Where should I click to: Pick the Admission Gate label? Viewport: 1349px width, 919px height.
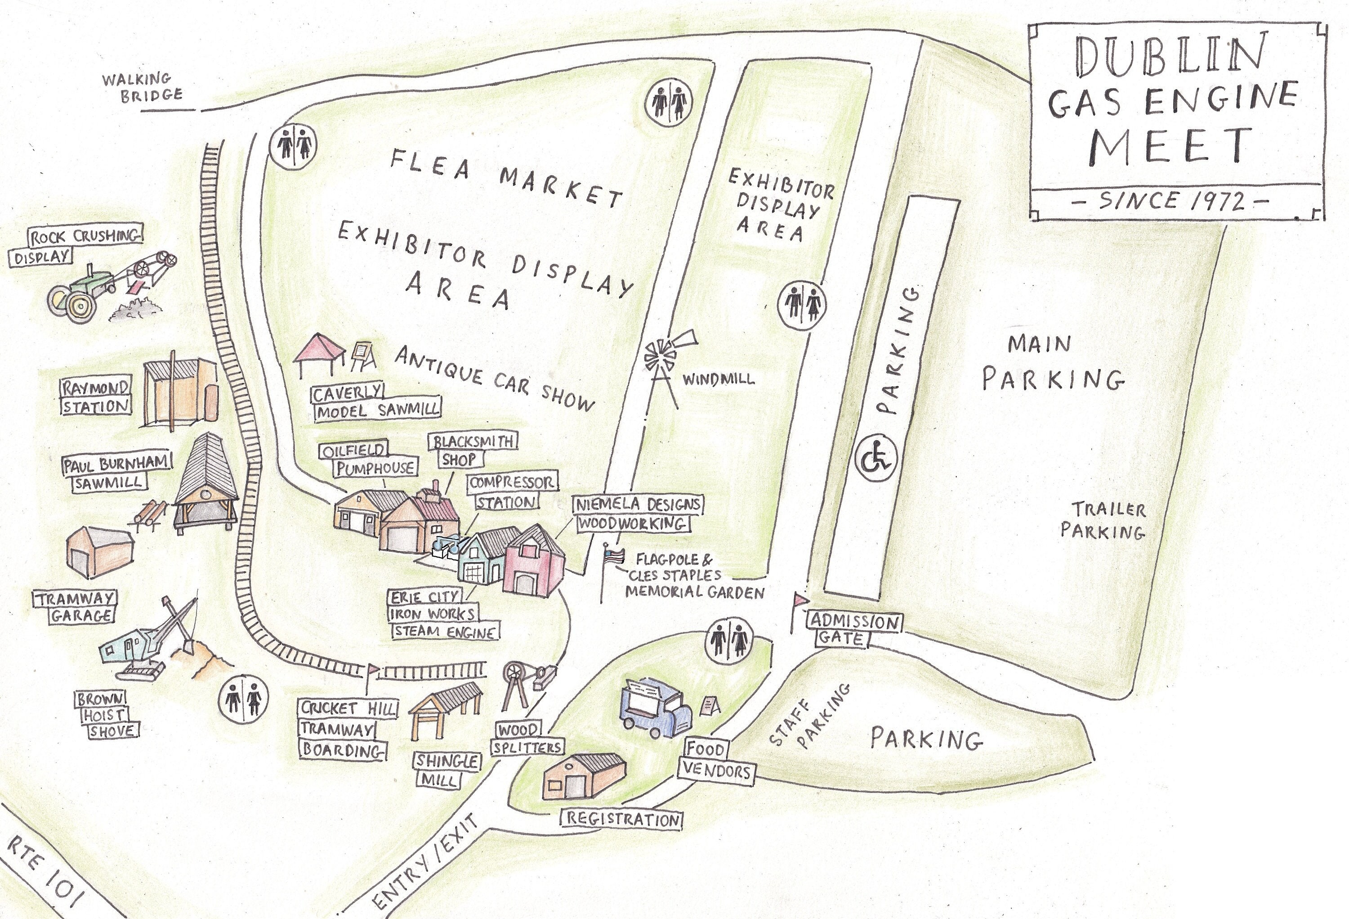point(853,630)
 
